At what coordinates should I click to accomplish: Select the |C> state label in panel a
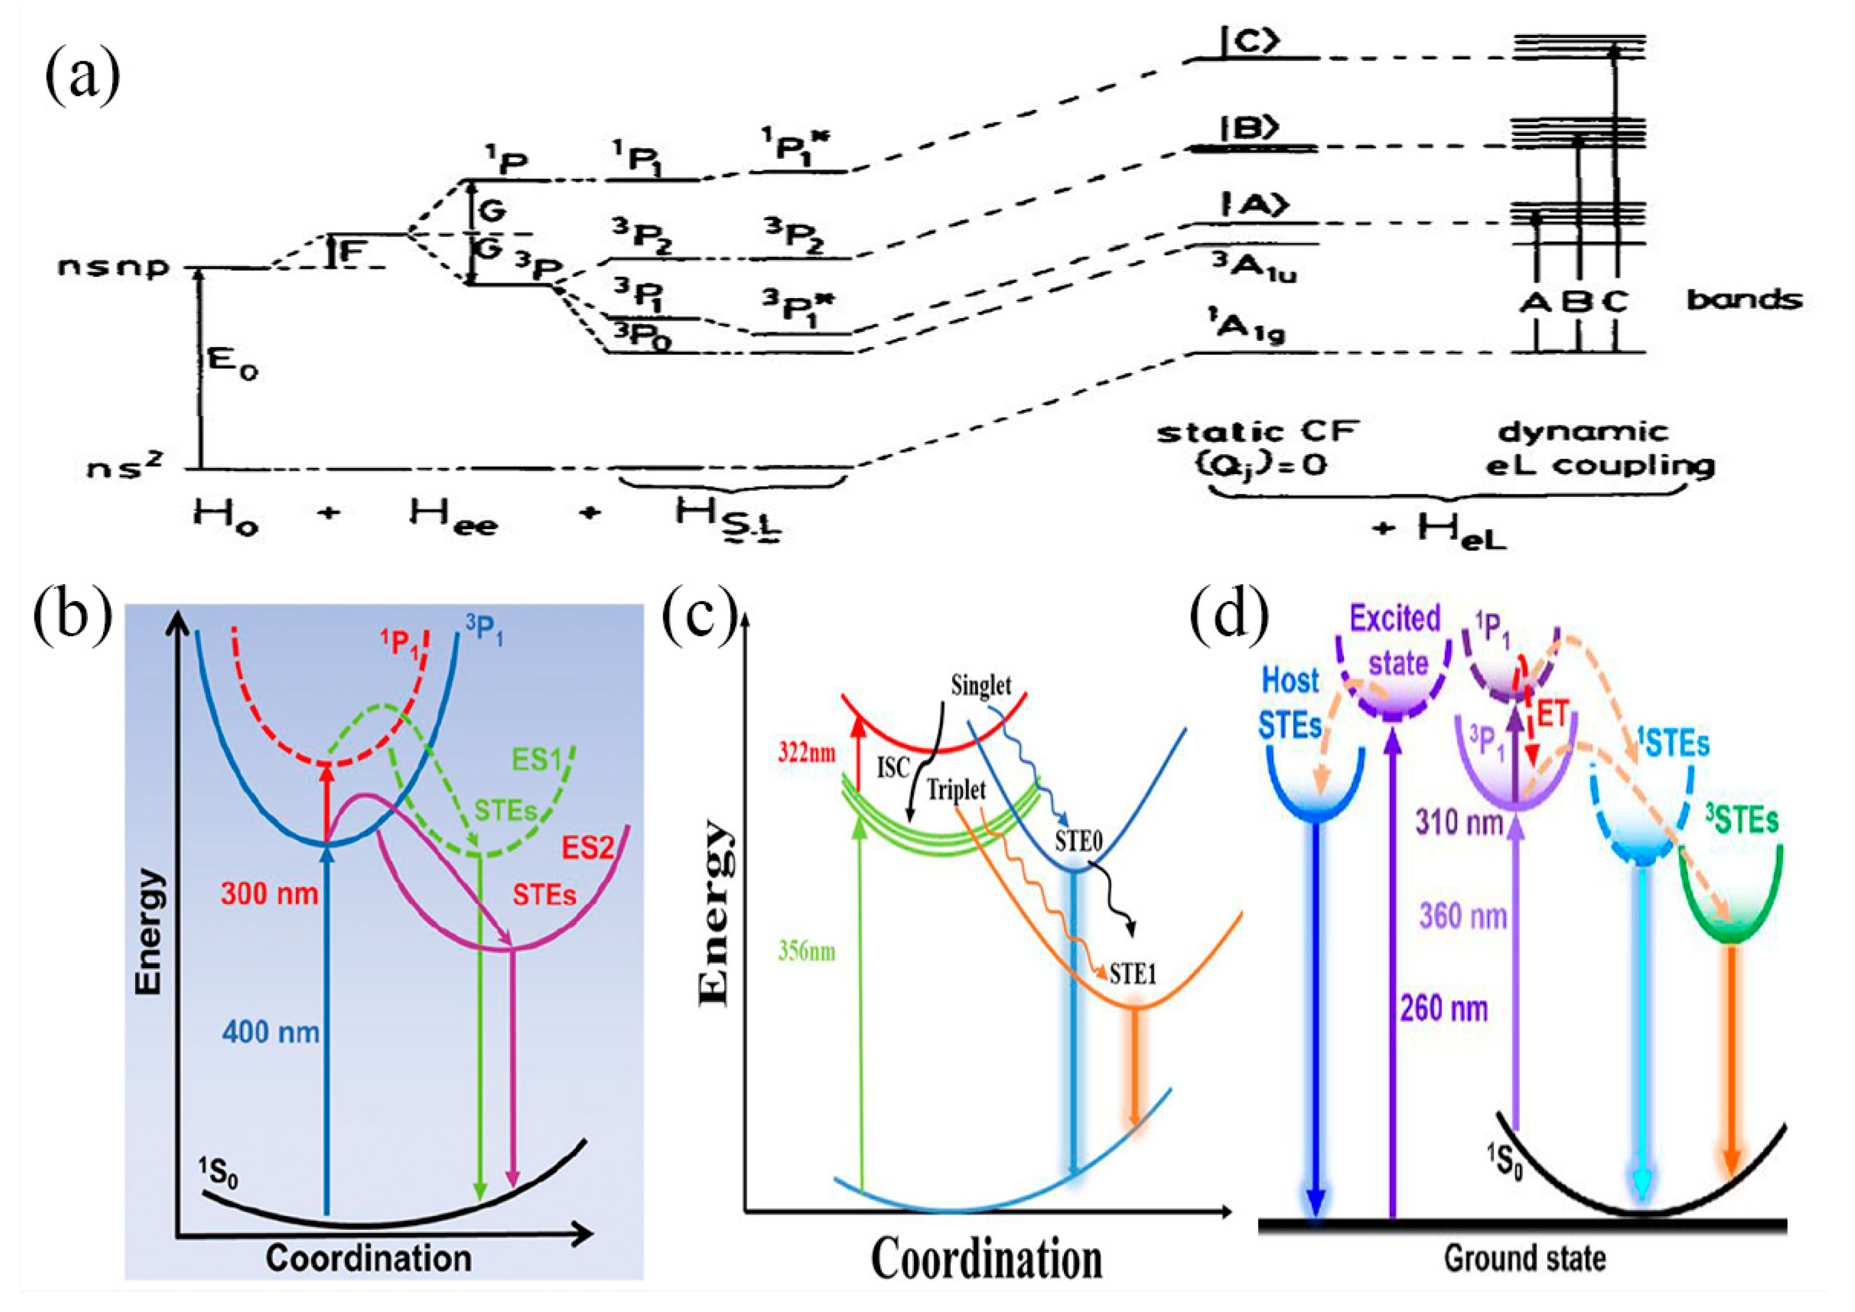tap(1249, 43)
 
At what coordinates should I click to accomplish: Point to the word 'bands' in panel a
tap(1743, 300)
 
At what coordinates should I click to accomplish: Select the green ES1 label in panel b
tap(536, 760)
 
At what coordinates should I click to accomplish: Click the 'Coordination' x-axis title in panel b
tap(369, 1258)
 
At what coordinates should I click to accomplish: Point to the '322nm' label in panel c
tap(806, 753)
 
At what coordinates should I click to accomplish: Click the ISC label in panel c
tap(894, 768)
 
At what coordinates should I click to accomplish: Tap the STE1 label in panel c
tap(1133, 974)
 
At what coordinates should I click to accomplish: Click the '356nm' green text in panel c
tap(806, 951)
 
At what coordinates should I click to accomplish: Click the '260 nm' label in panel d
tap(1444, 1008)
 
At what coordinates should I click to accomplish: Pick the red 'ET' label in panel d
tap(1552, 714)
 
